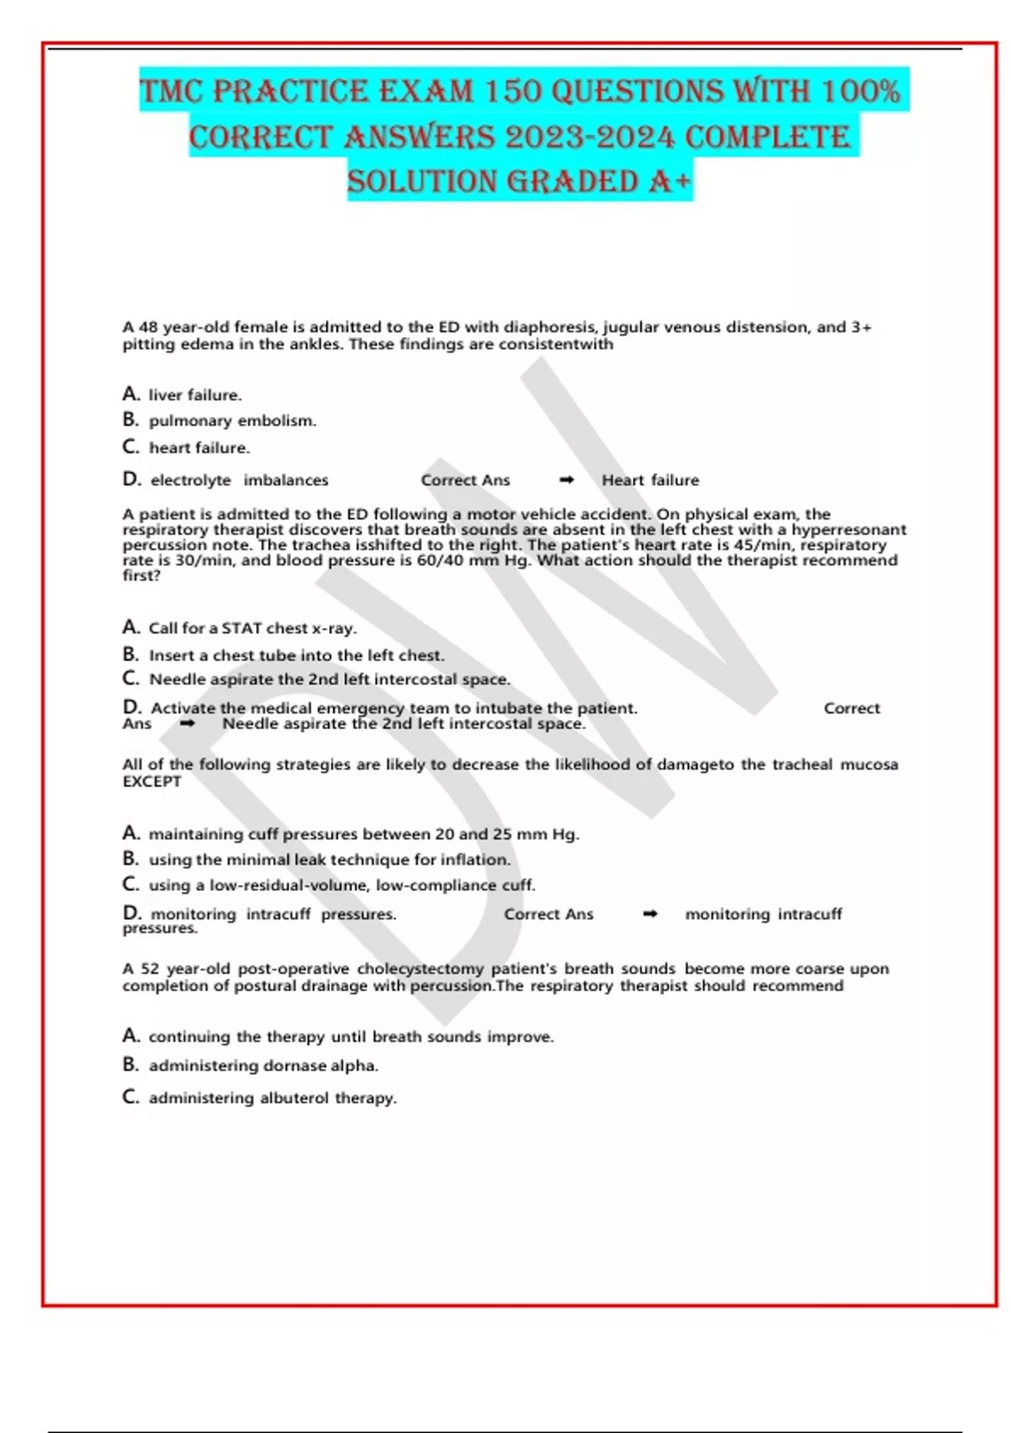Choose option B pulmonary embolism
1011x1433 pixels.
point(232,421)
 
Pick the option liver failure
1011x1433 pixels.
point(195,394)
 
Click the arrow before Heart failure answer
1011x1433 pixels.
point(567,480)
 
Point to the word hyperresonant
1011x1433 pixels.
point(848,529)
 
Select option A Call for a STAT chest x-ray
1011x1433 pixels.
point(252,628)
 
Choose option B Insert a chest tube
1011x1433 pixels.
point(296,655)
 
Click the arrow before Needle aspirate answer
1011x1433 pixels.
point(188,723)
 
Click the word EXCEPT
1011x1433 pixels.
point(152,781)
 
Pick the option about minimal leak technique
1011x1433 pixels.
point(329,860)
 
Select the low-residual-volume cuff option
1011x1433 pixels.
point(341,885)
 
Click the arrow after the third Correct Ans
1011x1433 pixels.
point(650,914)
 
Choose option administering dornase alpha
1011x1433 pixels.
point(263,1065)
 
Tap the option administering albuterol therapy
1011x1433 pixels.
point(272,1098)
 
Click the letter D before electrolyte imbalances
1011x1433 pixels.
point(131,479)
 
